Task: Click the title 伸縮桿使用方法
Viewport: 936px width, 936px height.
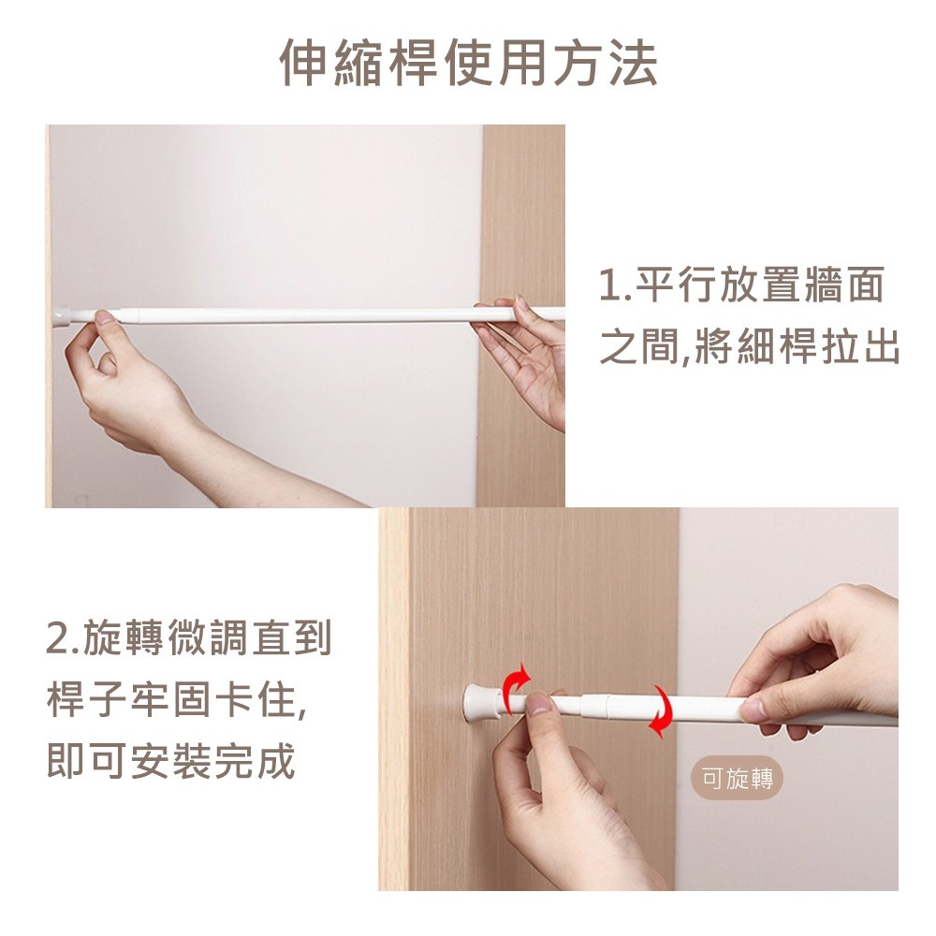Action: (x=468, y=65)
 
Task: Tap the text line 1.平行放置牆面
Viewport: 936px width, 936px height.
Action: (x=740, y=285)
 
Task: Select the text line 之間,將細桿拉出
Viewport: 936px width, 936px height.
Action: (x=749, y=348)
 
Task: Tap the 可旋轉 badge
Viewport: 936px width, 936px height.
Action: (x=738, y=779)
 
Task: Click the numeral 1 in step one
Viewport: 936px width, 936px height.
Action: (x=609, y=286)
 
